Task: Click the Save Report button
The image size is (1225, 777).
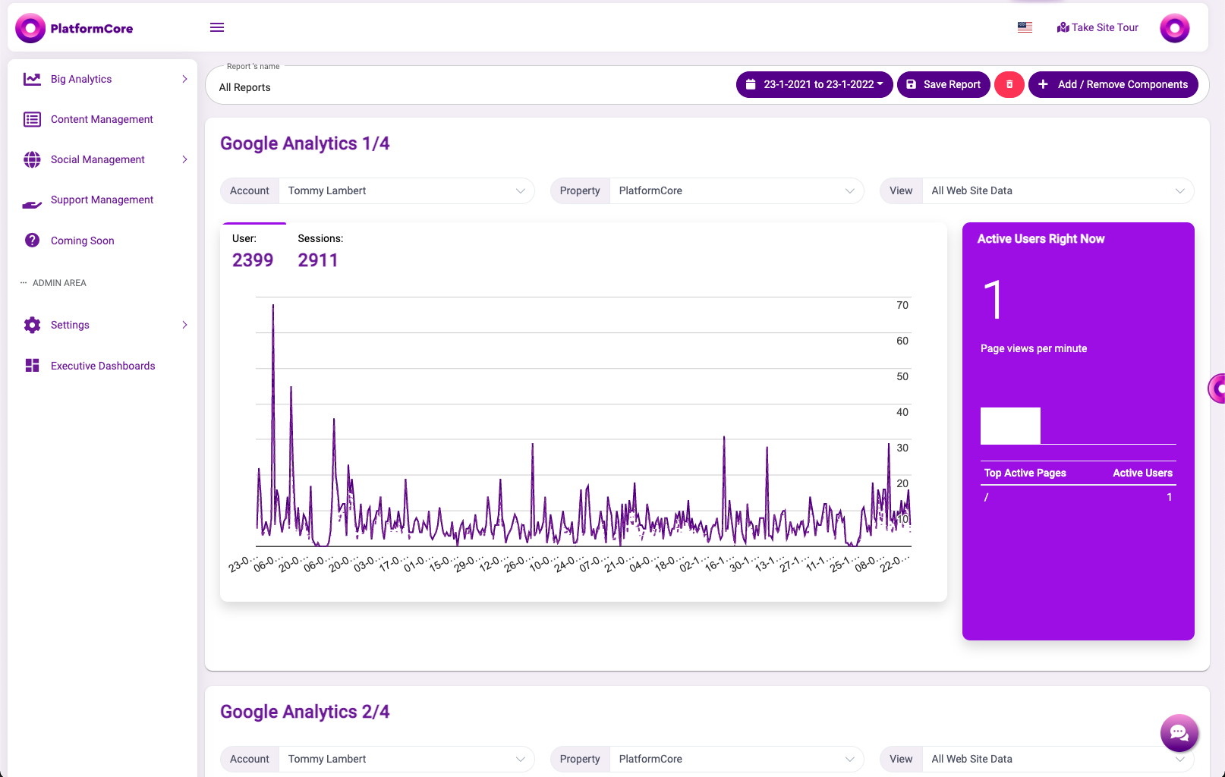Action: [943, 84]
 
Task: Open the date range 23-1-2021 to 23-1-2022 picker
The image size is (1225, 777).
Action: [814, 84]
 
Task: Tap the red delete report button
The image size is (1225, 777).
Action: [1009, 84]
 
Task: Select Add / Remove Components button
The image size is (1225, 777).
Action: [1113, 84]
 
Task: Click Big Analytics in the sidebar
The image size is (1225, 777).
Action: [81, 79]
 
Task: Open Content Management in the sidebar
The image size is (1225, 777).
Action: [102, 119]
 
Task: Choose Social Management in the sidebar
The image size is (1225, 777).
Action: [97, 159]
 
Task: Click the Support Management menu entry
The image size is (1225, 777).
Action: [102, 200]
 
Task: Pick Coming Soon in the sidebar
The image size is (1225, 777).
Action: [82, 241]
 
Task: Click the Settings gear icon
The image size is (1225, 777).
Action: [32, 325]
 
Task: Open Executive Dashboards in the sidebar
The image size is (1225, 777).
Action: [102, 366]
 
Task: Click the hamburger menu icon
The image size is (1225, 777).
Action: [217, 27]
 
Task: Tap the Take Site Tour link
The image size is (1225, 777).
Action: [1097, 27]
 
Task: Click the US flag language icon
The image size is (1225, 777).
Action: [1025, 27]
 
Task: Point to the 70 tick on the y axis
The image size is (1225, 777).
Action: [902, 305]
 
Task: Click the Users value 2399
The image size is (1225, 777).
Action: [253, 260]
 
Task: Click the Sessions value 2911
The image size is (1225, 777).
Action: [318, 260]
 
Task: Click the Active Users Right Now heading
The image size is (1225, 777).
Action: [1041, 239]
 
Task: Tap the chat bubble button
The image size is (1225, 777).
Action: [1179, 733]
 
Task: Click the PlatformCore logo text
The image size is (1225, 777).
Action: [91, 29]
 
